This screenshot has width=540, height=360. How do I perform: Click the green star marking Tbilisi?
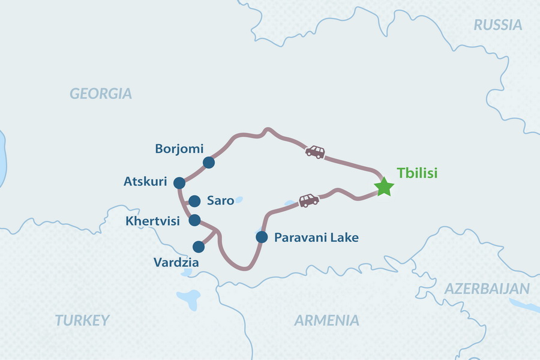tap(384, 187)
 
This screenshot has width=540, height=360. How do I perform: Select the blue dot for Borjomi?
tap(208, 162)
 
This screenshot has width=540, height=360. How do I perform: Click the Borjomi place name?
tap(179, 148)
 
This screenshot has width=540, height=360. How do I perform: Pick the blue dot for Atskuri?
tap(179, 182)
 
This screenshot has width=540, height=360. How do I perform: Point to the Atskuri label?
tap(145, 181)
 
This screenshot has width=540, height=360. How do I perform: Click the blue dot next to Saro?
tap(194, 201)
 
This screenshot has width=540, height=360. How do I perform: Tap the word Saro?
tap(220, 200)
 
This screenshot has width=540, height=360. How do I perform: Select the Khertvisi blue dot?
tap(194, 220)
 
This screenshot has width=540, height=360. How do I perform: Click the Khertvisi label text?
tap(152, 221)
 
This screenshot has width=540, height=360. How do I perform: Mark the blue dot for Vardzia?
tap(198, 246)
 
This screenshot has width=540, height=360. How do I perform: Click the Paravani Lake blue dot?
tap(261, 237)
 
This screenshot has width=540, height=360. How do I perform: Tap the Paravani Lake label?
tap(316, 238)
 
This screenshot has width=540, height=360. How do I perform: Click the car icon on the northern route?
tap(315, 152)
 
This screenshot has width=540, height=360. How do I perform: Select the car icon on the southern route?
tap(308, 200)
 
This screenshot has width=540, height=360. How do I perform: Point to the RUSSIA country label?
tap(497, 25)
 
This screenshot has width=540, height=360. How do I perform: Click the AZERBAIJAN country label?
tap(487, 289)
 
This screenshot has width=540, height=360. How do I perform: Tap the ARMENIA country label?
tap(326, 320)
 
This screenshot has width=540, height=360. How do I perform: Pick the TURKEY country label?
tap(83, 320)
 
